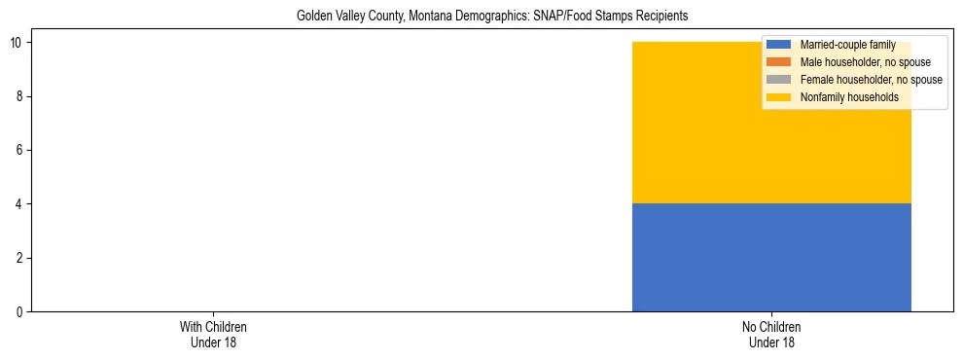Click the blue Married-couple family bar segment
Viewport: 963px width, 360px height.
coord(771,257)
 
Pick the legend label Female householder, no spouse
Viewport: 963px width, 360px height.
coord(871,80)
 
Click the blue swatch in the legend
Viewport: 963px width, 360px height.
coord(778,46)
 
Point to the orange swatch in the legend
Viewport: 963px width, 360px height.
coord(778,62)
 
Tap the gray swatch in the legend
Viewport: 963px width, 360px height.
coord(778,80)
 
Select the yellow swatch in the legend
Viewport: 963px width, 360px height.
coord(778,97)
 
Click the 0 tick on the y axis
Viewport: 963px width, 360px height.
coord(20,311)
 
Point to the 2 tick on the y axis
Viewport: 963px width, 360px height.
coord(20,258)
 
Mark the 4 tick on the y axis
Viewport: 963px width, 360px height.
coord(20,204)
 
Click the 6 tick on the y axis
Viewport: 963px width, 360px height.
coord(20,150)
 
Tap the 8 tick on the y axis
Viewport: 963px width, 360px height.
coord(20,96)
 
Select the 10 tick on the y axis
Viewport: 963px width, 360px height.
coord(18,43)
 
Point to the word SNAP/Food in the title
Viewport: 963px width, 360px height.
coord(571,16)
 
